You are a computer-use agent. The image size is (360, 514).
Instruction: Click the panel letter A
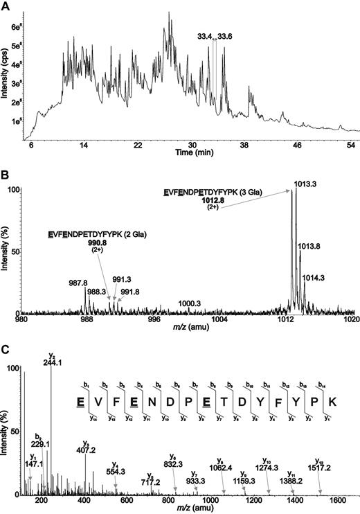coord(5,6)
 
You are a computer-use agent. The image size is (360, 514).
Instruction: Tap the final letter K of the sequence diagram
coord(332,402)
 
